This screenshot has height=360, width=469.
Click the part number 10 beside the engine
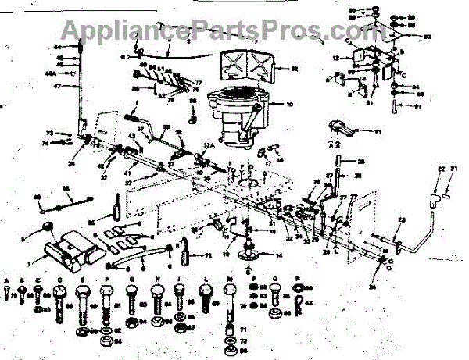pos(291,104)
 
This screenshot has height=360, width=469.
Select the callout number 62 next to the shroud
pos(295,70)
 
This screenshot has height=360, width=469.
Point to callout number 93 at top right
pos(428,37)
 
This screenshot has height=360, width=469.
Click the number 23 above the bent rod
pos(401,221)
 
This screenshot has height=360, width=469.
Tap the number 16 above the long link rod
pos(66,188)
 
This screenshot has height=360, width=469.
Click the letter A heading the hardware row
pos(7,279)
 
